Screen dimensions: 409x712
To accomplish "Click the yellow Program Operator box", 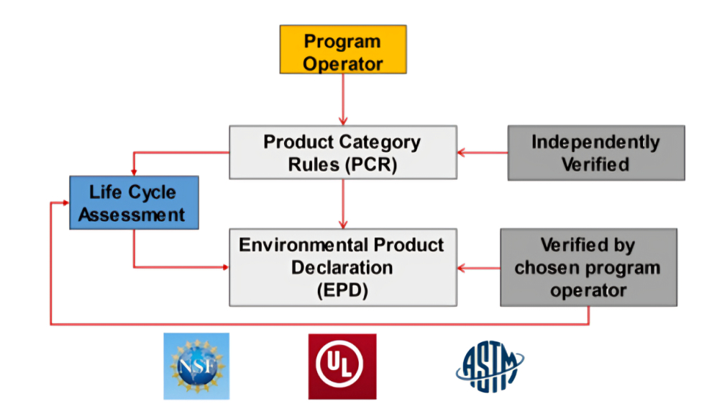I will point(343,50).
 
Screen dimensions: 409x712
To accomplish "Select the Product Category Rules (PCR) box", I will point(342,152).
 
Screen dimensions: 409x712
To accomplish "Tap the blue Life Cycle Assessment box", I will point(133,202).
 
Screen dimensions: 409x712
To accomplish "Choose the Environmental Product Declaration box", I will point(342,267).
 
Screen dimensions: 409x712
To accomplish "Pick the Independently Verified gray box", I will point(595,153).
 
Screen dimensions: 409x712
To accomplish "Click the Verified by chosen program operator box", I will point(588,267).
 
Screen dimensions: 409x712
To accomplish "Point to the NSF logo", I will point(196,366).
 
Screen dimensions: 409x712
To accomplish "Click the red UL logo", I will point(342,366).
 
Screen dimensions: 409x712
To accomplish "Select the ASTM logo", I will point(490,366).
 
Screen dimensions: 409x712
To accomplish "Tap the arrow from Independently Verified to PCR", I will point(483,153).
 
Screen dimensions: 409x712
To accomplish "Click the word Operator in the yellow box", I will point(343,63).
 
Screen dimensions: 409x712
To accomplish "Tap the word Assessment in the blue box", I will point(133,214).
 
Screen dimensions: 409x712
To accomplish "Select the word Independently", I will point(595,142).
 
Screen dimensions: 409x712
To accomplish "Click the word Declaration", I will point(342,267).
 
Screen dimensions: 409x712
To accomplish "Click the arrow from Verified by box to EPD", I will point(479,268).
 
